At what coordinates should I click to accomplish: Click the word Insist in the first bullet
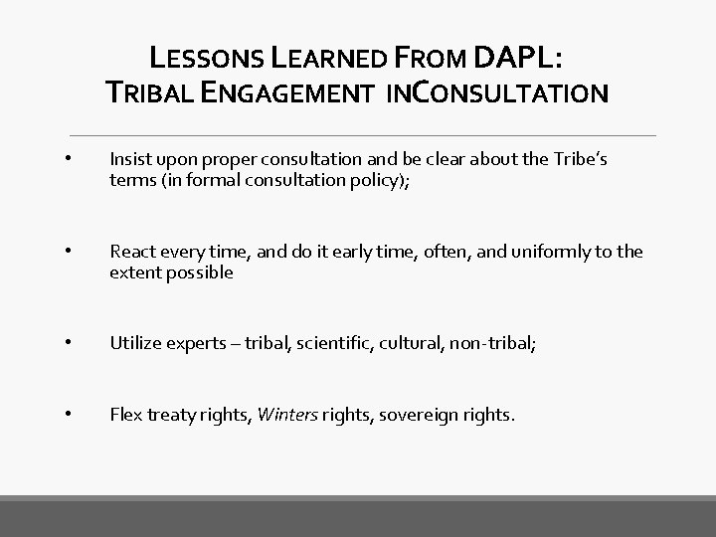tap(129, 159)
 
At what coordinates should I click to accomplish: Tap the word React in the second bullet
tap(132, 252)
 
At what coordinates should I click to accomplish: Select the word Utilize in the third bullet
tap(135, 344)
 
